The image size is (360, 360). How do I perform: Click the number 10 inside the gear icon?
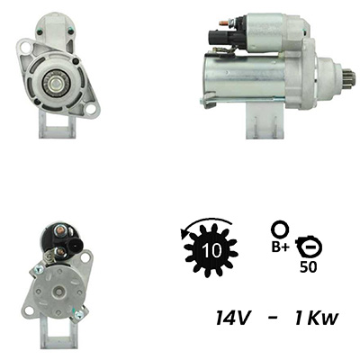212,250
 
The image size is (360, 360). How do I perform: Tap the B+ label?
281,247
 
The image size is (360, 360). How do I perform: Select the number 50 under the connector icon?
308,267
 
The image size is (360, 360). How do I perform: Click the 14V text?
233,318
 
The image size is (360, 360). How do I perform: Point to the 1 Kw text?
317,318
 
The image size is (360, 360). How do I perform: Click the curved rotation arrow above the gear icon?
204,224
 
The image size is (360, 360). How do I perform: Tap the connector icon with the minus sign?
309,247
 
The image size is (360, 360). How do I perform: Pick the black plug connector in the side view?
229,38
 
